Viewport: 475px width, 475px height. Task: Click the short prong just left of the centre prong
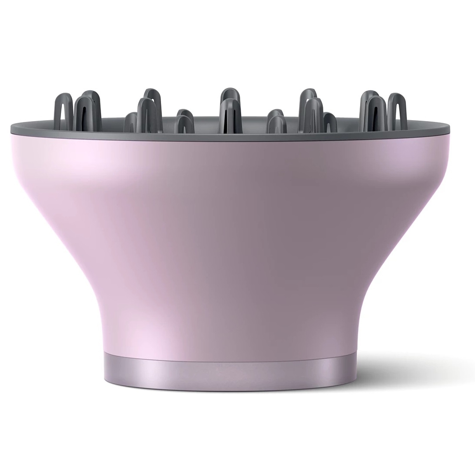click(x=184, y=121)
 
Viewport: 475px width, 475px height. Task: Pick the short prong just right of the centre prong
click(x=275, y=121)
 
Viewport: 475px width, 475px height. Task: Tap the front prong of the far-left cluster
click(x=85, y=113)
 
